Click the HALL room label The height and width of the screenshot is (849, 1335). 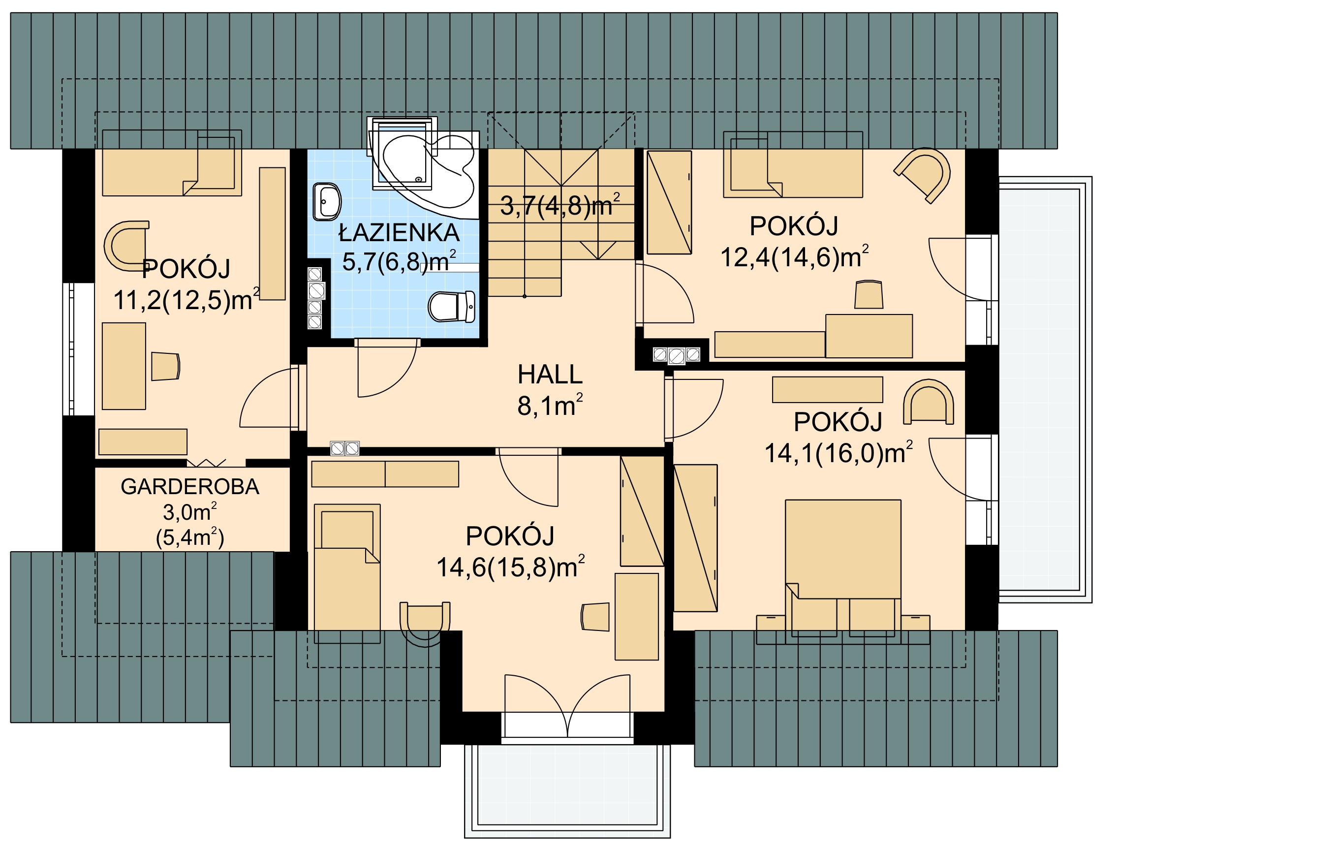click(550, 375)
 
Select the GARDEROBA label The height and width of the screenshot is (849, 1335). click(190, 486)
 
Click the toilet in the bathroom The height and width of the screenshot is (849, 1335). click(452, 307)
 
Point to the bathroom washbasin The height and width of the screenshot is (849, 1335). click(327, 201)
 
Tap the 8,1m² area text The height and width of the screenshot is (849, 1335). click(550, 405)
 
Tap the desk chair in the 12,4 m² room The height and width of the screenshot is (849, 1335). click(869, 294)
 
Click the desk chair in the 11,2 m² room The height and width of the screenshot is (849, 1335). click(166, 366)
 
